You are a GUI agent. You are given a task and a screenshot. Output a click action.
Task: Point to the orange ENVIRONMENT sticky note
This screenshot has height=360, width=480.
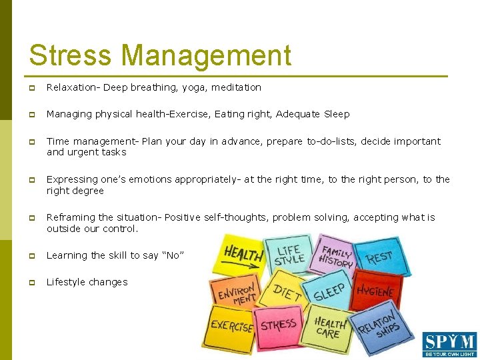tap(234, 292)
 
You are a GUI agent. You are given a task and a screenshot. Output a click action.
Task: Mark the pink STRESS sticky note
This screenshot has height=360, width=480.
tap(278, 326)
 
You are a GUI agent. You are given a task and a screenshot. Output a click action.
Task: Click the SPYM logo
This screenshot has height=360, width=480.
tap(449, 344)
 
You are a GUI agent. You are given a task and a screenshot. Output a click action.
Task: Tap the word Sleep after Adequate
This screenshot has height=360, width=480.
tap(337, 114)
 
